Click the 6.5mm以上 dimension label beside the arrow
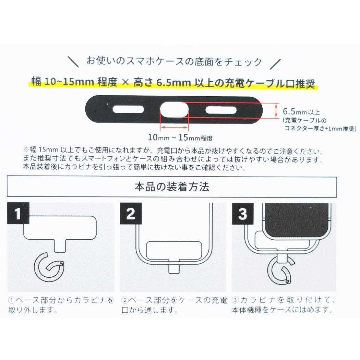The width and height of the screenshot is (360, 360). (301, 111)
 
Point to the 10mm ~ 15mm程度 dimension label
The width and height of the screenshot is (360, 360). (180, 138)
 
